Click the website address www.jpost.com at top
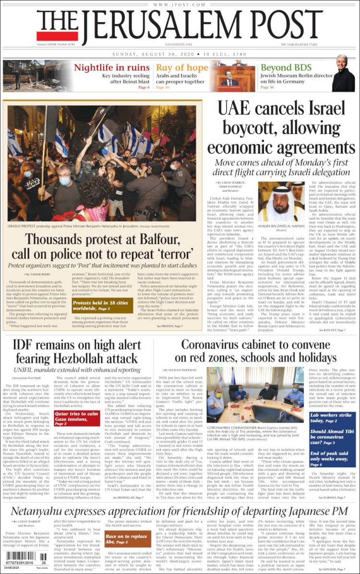click(180, 4)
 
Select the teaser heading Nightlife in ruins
click(112, 68)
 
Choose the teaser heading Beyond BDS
click(286, 68)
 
